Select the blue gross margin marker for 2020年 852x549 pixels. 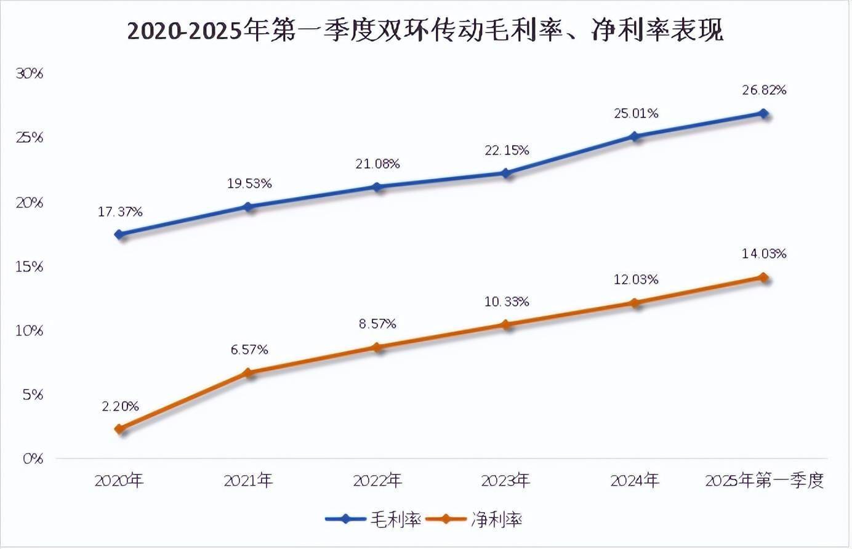tap(119, 234)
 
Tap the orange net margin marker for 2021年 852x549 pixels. tap(249, 372)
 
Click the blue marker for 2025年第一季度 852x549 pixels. tap(763, 113)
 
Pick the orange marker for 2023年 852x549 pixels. tap(506, 324)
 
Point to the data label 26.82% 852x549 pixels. tap(764, 90)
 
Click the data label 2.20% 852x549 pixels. tap(120, 406)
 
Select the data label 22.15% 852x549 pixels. tap(507, 150)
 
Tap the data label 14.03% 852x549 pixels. tap(764, 254)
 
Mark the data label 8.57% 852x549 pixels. tap(377, 324)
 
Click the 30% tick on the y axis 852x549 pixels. tap(30, 74)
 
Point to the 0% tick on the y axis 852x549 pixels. tap(33, 459)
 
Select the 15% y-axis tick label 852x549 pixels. tap(30, 266)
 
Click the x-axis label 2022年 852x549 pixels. tap(377, 480)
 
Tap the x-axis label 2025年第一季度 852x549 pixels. tap(764, 480)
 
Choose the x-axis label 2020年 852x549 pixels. tap(119, 480)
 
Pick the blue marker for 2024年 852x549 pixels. tap(635, 136)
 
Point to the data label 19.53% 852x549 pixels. tap(249, 183)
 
